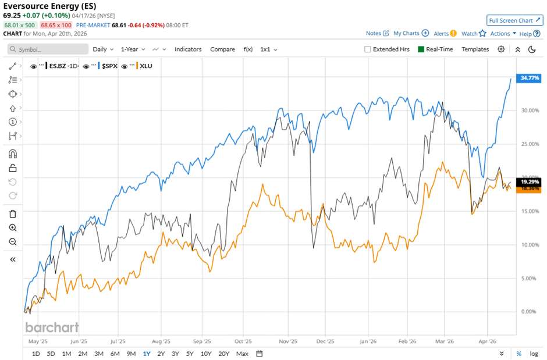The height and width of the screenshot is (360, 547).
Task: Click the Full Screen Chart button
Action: pos(514,20)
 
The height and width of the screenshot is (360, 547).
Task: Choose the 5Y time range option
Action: pos(190,354)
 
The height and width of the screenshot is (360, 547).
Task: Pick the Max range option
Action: pos(243,354)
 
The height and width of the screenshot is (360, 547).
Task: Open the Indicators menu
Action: pos(188,49)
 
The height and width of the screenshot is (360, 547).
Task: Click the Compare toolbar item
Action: pos(222,49)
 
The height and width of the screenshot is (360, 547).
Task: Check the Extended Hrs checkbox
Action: pos(368,49)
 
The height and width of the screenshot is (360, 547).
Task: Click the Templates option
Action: pos(475,49)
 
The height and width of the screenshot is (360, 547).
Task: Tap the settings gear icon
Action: pos(501,49)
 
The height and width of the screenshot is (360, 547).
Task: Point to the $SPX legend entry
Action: pos(109,66)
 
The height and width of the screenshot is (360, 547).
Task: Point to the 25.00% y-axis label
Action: pos(529,144)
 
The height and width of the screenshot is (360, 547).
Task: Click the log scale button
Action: pos(534,354)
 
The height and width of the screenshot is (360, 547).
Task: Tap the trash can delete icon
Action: pos(12,214)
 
